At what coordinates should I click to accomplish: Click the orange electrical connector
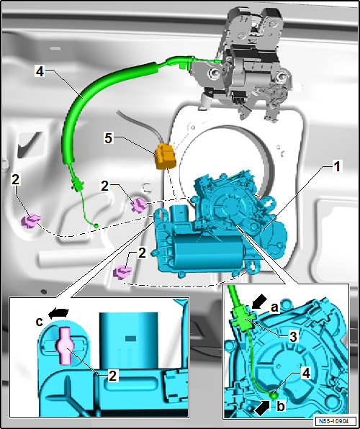click(166, 156)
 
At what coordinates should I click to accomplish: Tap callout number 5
click(109, 138)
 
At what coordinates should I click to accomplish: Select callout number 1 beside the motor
click(337, 166)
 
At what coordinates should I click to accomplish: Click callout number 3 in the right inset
click(292, 337)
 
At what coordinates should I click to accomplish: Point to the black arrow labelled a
click(259, 301)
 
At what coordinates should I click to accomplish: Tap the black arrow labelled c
click(58, 313)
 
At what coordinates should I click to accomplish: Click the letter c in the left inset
click(40, 322)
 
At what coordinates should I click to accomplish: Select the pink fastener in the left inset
click(64, 346)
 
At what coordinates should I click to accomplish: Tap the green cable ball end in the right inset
click(273, 395)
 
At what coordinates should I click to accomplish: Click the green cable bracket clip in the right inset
click(243, 318)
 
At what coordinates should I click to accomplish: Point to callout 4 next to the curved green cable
click(40, 72)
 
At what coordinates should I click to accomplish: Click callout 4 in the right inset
click(306, 374)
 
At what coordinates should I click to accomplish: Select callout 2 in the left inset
click(112, 376)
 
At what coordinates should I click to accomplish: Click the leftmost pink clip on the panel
click(31, 221)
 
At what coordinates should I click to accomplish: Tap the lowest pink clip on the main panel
click(122, 273)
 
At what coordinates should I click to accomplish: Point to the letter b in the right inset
click(280, 407)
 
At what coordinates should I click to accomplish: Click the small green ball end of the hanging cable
click(96, 226)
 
